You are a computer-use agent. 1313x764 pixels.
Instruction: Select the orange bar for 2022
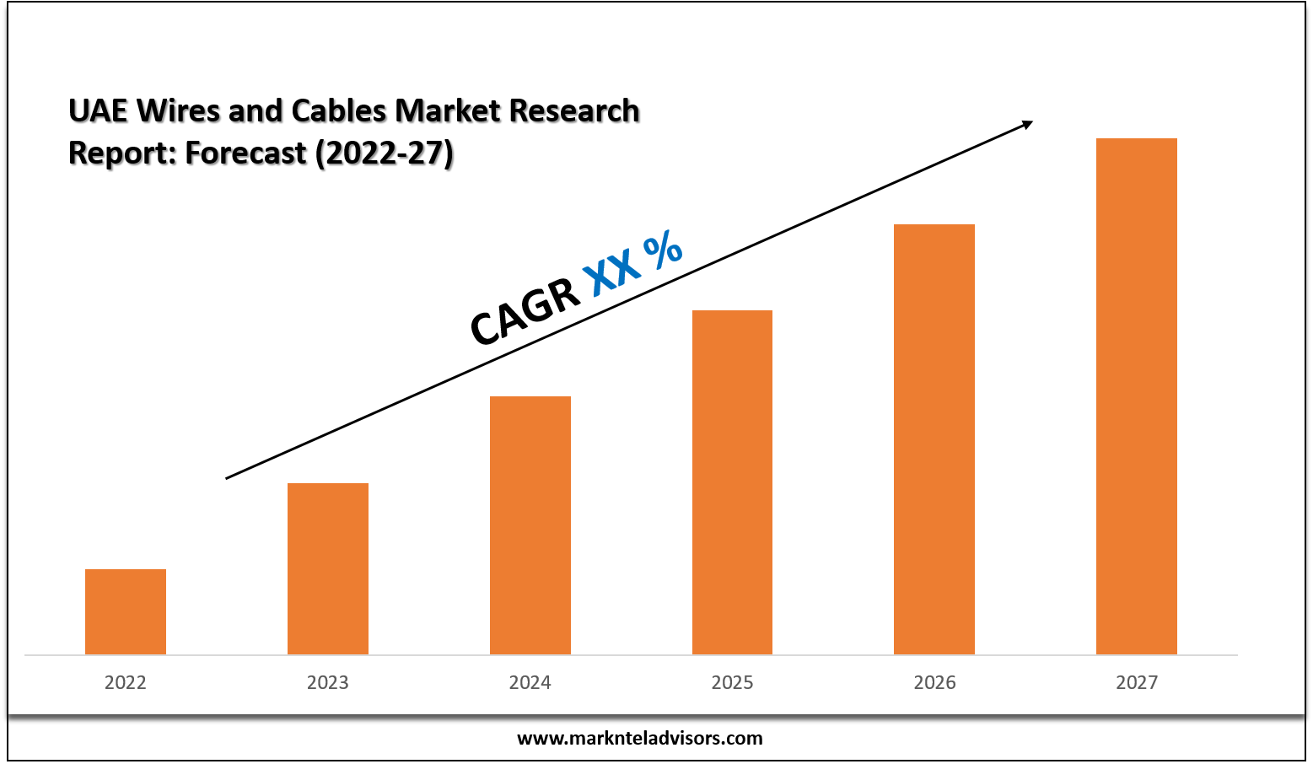[x=126, y=611]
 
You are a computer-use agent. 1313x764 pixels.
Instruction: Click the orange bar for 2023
[x=328, y=568]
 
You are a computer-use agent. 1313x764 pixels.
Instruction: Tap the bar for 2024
[x=530, y=525]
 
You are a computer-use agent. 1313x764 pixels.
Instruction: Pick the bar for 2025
[x=732, y=482]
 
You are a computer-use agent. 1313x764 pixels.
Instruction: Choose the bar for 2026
[x=934, y=439]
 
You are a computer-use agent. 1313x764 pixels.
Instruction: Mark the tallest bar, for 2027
[x=1137, y=396]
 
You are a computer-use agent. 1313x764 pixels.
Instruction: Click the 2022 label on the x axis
[x=126, y=682]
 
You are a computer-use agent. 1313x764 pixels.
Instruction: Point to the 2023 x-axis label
[x=328, y=682]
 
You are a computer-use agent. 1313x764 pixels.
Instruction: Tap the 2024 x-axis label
[x=530, y=682]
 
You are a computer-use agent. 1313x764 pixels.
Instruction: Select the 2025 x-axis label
[x=732, y=682]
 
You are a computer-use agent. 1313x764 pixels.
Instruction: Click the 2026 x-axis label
[x=934, y=682]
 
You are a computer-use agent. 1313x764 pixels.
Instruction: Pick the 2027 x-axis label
[x=1137, y=682]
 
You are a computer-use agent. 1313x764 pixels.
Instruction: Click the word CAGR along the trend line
[x=525, y=311]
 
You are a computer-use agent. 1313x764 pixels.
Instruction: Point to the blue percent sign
[x=663, y=250]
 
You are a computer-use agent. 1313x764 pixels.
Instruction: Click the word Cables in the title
[x=337, y=110]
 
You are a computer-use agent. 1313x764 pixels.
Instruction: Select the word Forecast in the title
[x=245, y=153]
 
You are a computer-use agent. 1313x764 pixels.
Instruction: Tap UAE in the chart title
[x=98, y=110]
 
